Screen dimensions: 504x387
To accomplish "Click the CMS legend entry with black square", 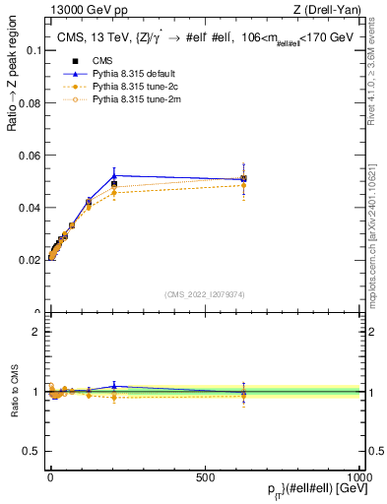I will tap(103, 61).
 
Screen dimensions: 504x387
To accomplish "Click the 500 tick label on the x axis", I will tap(205, 475).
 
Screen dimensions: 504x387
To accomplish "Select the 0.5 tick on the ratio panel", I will tap(33, 452).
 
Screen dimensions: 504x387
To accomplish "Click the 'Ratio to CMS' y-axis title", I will tap(13, 392).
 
